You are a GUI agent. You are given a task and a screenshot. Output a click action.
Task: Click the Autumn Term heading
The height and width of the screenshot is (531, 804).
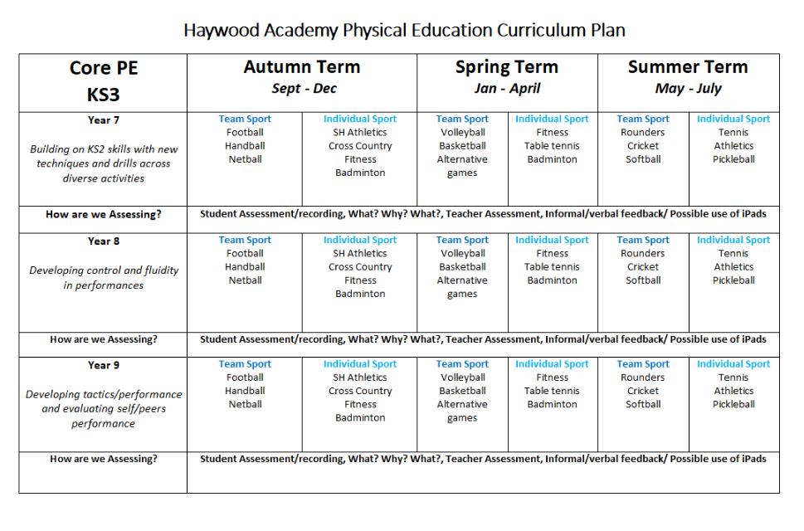click(x=301, y=67)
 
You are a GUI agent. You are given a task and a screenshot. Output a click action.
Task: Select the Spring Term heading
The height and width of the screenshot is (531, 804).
click(x=506, y=67)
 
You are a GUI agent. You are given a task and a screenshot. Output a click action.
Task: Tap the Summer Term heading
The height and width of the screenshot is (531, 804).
click(x=688, y=67)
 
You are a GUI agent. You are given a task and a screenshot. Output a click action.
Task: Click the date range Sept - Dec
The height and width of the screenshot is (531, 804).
click(x=304, y=89)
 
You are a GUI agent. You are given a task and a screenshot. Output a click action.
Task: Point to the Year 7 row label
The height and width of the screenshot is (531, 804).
click(x=104, y=120)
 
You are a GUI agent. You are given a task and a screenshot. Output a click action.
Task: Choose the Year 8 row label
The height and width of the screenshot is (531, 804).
click(x=104, y=241)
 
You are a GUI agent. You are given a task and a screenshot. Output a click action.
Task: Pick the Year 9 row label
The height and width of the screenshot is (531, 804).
click(x=104, y=365)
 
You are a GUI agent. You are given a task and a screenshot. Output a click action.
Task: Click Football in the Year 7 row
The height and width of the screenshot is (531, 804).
click(x=245, y=133)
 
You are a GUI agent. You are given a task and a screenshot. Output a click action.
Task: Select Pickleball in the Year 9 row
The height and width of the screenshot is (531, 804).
click(x=733, y=405)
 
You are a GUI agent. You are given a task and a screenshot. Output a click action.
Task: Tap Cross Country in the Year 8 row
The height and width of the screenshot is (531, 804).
click(x=360, y=267)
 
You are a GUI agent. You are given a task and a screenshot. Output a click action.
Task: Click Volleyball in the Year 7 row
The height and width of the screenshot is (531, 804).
click(x=462, y=133)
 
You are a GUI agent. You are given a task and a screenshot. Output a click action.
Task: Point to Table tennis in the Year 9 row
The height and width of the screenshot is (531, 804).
click(x=552, y=391)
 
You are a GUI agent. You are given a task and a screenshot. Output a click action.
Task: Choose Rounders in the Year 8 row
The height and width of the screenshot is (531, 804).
click(x=643, y=254)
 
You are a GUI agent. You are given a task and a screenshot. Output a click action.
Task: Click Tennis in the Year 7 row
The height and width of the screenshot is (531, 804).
click(x=733, y=133)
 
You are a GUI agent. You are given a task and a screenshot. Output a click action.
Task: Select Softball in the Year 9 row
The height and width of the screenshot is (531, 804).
click(x=643, y=405)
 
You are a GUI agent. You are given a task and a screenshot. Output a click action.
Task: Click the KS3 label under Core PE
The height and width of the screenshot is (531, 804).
click(x=104, y=95)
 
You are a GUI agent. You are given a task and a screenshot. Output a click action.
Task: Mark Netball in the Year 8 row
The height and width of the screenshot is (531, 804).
click(x=245, y=280)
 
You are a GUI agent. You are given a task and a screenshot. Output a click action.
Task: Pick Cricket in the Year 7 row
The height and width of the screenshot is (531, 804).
click(x=643, y=146)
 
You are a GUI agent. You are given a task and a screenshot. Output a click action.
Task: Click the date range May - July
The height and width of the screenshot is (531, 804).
click(x=688, y=89)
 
